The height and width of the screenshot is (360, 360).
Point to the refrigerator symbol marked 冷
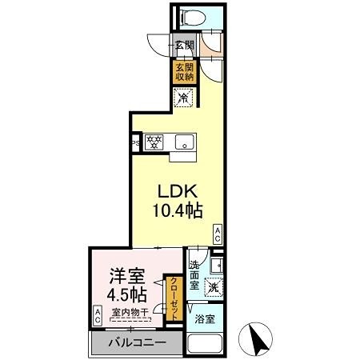(x=183, y=98)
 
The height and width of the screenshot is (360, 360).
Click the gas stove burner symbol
(x=154, y=142)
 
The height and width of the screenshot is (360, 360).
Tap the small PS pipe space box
(x=135, y=144)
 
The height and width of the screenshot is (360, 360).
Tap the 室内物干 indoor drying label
(x=128, y=313)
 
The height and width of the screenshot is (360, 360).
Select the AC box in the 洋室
(x=98, y=315)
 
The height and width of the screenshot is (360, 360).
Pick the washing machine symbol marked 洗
(x=213, y=286)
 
